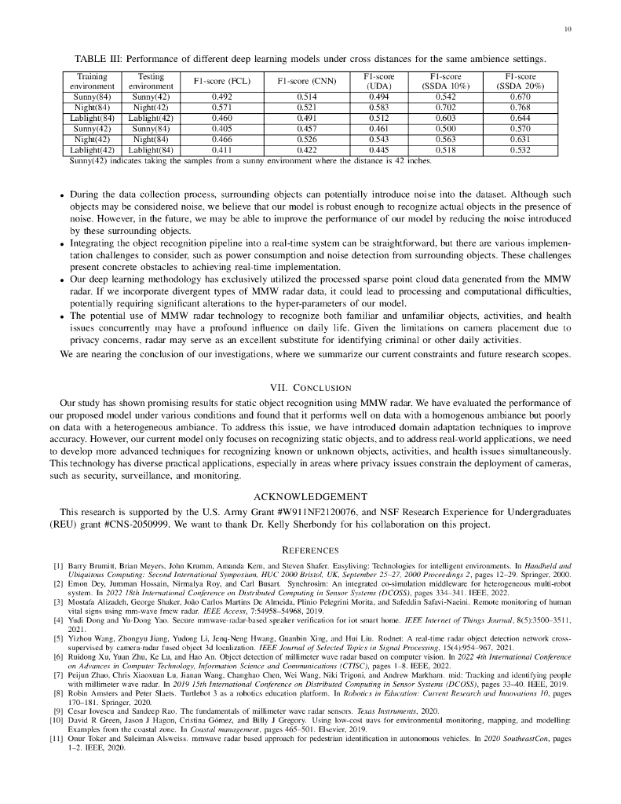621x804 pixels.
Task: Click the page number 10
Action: click(x=567, y=31)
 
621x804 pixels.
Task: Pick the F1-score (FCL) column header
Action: click(x=211, y=81)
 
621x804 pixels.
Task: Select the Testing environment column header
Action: click(x=151, y=81)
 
